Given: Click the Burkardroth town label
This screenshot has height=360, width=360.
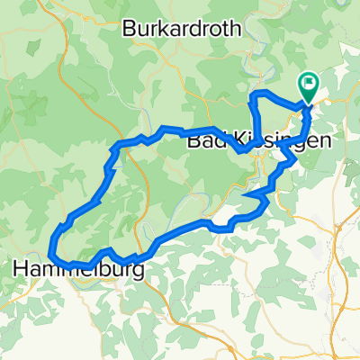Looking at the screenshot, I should [182, 29].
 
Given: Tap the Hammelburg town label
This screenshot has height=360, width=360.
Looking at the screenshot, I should [79, 268].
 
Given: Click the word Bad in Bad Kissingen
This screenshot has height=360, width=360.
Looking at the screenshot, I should [204, 142].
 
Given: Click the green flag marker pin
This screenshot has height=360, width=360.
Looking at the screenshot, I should [308, 86].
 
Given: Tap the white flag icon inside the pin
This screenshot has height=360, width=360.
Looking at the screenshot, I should [308, 84].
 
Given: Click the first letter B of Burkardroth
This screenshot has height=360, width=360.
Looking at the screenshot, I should [129, 29].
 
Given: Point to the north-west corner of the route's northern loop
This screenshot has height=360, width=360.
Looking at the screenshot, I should [253, 94].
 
